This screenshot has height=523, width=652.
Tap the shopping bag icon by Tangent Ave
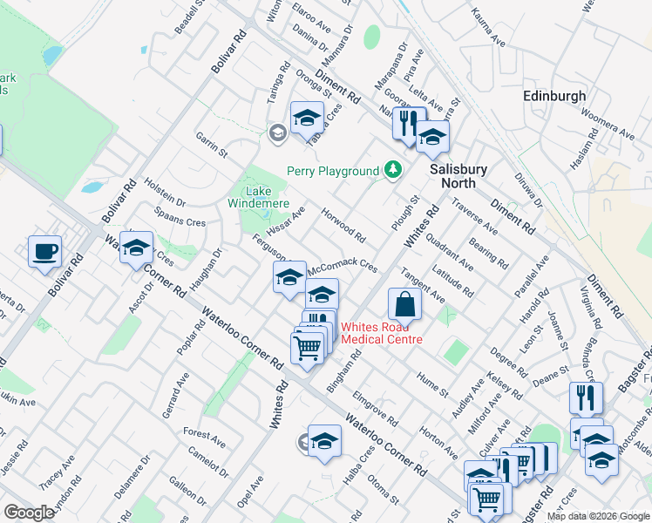(x=404, y=304)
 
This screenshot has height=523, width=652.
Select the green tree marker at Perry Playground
(x=394, y=169)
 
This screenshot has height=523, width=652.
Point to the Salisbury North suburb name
(x=458, y=175)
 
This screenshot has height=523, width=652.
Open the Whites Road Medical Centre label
(x=382, y=334)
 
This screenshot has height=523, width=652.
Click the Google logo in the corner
(x=30, y=513)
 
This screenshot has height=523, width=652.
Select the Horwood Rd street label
(x=343, y=224)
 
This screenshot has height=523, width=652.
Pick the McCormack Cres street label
(x=343, y=265)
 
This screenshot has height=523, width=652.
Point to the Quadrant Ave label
(x=451, y=253)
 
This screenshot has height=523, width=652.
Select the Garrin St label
(x=211, y=145)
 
